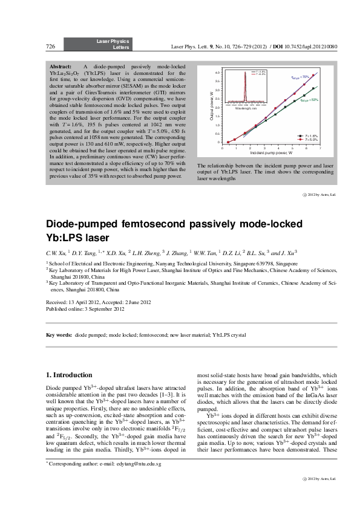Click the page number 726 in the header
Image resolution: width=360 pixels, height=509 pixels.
pos(51,46)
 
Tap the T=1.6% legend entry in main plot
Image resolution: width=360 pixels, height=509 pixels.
pos(311,136)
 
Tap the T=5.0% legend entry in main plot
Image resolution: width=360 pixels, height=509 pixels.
pos(311,140)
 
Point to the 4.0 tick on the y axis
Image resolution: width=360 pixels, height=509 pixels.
pos(218,72)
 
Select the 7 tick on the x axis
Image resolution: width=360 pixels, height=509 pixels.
pos(320,148)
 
